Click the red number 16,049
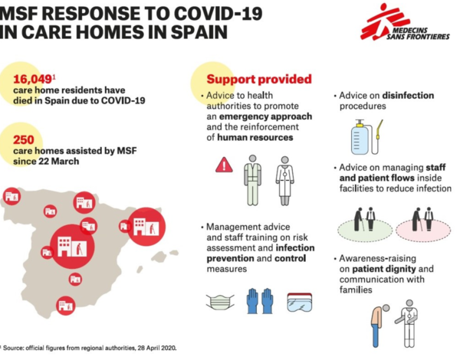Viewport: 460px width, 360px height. point(32,79)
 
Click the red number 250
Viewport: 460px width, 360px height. point(24,140)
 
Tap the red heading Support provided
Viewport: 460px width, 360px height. point(259,80)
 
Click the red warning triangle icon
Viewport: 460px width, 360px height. point(224,165)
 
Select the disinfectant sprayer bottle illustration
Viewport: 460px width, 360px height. point(366,137)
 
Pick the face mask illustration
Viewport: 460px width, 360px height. point(220,302)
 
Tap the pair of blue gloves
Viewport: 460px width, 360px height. point(260,301)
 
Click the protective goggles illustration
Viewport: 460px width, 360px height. point(300,303)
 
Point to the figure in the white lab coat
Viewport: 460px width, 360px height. point(285,181)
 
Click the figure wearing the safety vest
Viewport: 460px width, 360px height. point(252,180)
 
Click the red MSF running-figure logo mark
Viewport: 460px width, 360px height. point(383,21)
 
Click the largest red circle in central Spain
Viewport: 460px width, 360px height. point(72,247)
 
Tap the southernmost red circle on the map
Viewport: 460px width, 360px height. point(66,306)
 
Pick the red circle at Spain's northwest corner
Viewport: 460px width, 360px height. point(11,196)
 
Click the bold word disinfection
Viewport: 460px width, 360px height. point(408,96)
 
